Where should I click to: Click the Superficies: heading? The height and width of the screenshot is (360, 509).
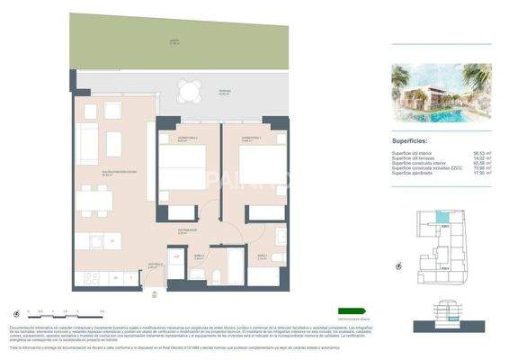(x=415, y=141)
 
